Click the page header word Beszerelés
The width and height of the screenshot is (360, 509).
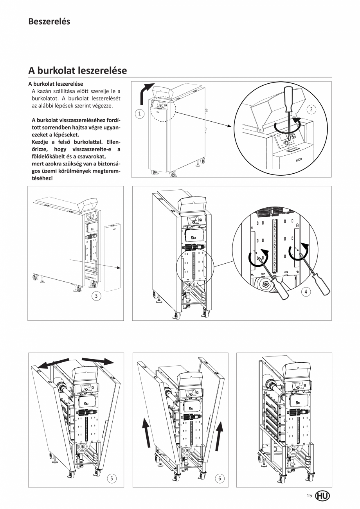49,22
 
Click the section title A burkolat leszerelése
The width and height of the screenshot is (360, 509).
77,70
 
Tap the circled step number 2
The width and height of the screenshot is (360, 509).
311,110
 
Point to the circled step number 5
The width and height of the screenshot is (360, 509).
112,478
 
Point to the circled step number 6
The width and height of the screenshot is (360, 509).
220,478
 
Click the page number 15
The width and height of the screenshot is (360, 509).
309,496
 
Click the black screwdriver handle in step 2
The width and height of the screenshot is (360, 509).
288,97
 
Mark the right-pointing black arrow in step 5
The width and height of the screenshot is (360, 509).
98,360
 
